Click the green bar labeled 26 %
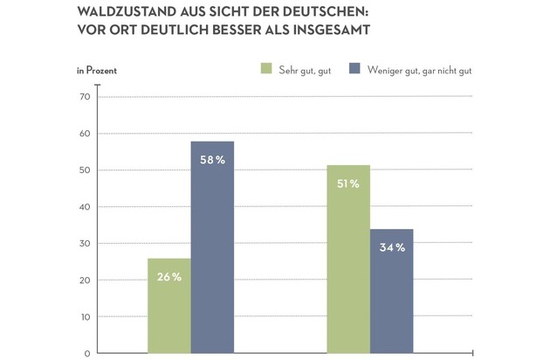coord(168,306)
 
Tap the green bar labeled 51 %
coord(348,262)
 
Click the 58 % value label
coord(212,160)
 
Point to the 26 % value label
coord(169,277)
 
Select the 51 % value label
coord(348,184)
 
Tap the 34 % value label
coord(391,248)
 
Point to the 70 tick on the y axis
coord(85,96)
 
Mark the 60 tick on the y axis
coord(85,133)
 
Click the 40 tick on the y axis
coord(85,206)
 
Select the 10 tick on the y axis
coord(85,316)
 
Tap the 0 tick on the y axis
coord(87,353)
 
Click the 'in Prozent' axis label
coord(96,68)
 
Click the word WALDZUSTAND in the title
coord(127,12)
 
